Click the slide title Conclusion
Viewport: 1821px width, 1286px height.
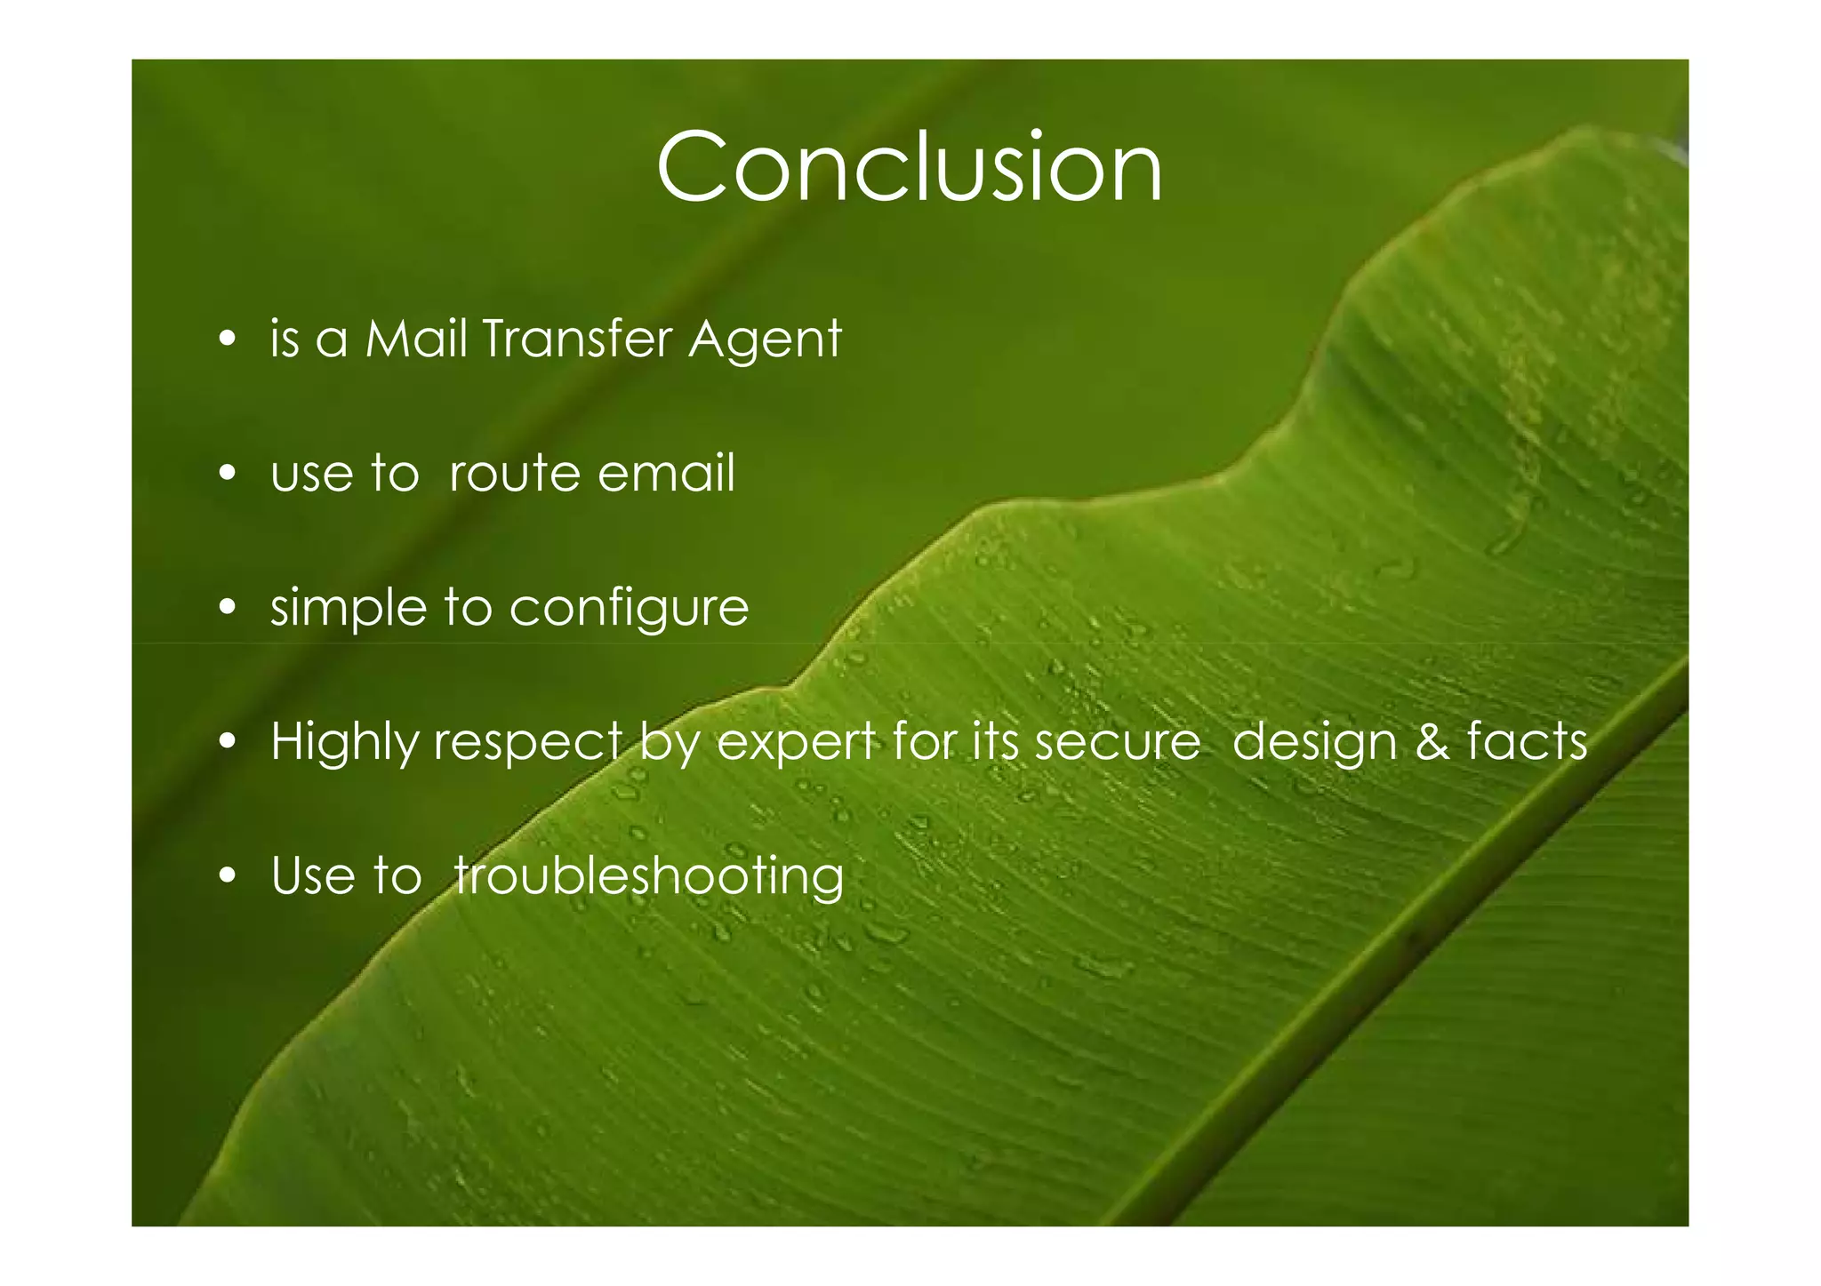tap(909, 167)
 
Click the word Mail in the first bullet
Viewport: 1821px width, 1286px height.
tap(416, 339)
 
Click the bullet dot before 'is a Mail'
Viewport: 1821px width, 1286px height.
tap(229, 339)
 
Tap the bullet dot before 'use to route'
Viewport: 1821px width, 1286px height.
tap(229, 473)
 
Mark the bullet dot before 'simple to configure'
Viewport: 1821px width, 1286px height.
tap(229, 608)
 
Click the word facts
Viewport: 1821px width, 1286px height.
tap(1527, 741)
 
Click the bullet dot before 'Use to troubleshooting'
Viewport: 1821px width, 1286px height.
tap(229, 876)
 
